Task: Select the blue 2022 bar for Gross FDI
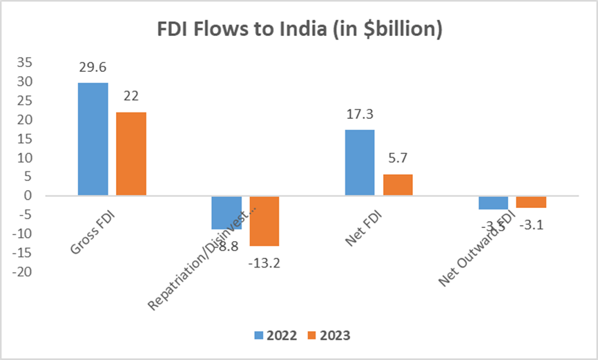point(93,139)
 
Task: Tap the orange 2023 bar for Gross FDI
point(131,153)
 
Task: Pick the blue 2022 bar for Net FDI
point(359,162)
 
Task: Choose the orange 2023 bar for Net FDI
point(397,184)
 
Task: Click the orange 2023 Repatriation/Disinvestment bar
point(264,220)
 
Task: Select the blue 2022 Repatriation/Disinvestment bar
point(226,212)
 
